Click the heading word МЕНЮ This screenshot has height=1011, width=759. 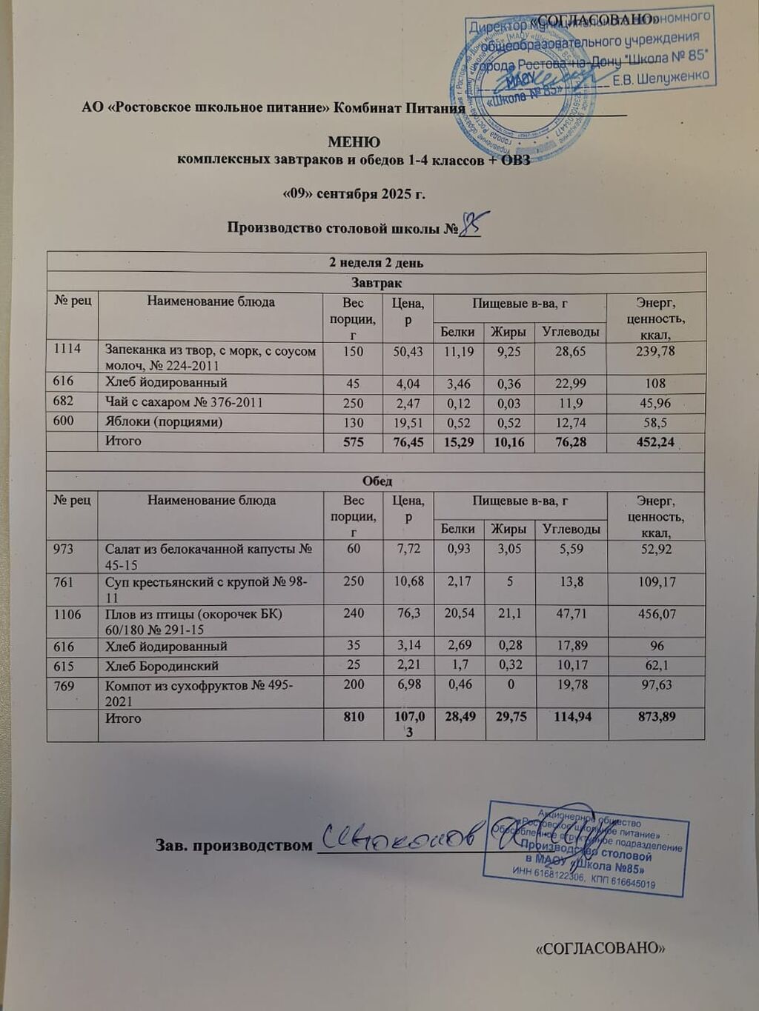354,141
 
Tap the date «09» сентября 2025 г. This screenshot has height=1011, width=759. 354,194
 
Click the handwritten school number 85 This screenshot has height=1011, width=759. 470,223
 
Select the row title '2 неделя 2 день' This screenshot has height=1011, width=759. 376,262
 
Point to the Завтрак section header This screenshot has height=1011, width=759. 376,282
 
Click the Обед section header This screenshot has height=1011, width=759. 377,481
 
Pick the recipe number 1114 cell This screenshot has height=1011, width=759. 67,349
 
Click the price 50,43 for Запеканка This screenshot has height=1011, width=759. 408,351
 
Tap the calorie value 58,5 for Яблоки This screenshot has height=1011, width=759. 655,423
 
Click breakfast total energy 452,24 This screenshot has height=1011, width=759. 655,442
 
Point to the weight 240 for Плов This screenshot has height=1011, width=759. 354,614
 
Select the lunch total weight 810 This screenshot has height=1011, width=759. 354,717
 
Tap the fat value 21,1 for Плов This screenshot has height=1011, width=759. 509,614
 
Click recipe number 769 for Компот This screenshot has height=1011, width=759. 64,686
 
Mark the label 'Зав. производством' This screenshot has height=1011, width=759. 233,845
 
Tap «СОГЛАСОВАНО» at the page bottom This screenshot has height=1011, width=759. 597,947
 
